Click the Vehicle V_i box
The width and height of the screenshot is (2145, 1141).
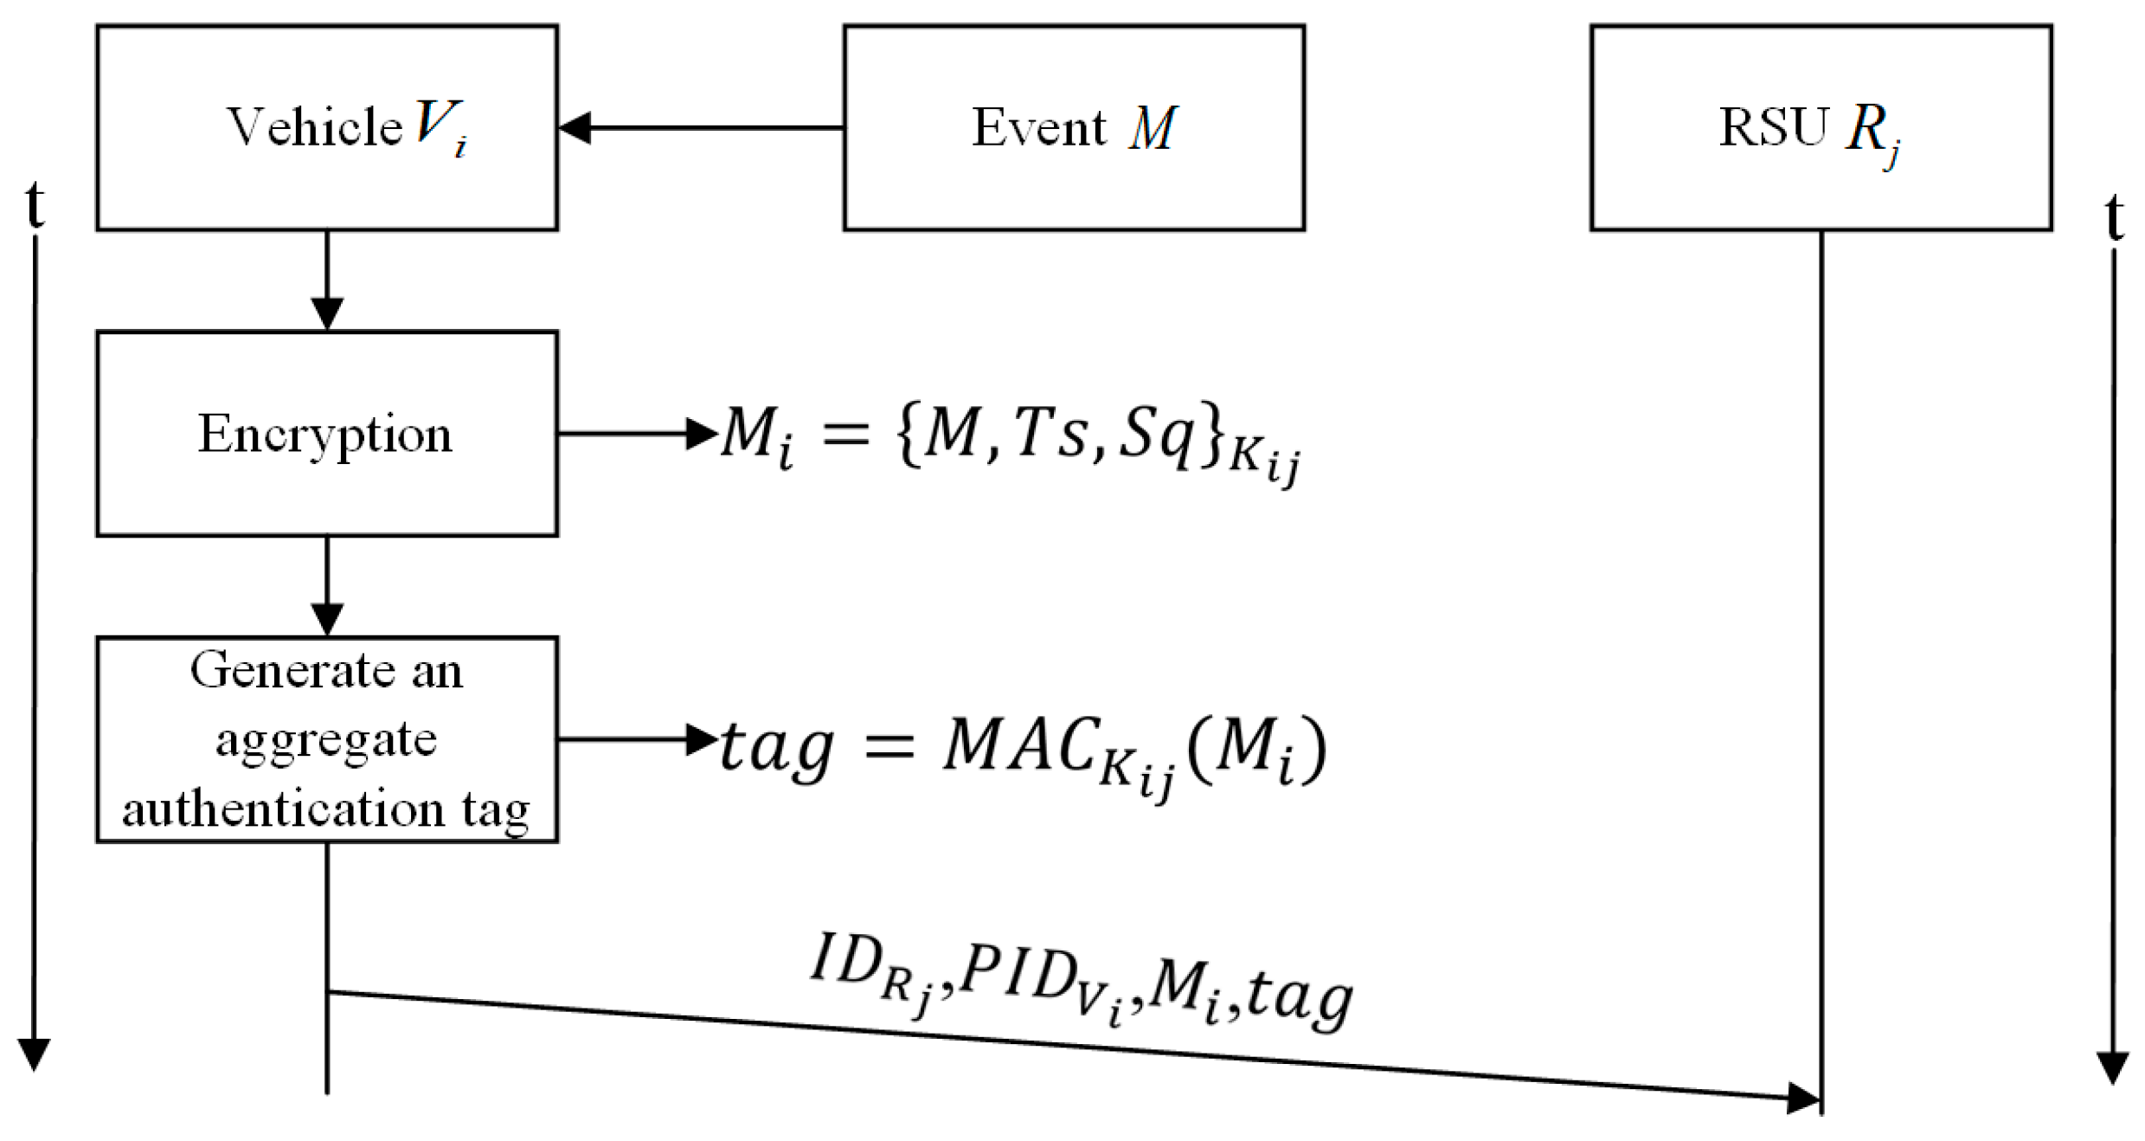pyautogui.click(x=327, y=127)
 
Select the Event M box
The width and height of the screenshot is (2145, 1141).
pyautogui.click(x=1073, y=127)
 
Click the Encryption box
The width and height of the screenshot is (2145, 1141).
pyautogui.click(x=327, y=433)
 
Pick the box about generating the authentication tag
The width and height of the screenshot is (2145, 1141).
pyautogui.click(x=327, y=738)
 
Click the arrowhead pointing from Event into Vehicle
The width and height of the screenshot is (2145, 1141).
pyautogui.click(x=575, y=127)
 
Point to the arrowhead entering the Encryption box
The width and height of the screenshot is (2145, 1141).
pyautogui.click(x=327, y=313)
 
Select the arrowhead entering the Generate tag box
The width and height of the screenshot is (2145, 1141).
pyautogui.click(x=327, y=619)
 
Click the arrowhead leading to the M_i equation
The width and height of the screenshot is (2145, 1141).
pyautogui.click(x=701, y=433)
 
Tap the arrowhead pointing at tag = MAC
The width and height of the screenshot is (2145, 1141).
pyautogui.click(x=701, y=738)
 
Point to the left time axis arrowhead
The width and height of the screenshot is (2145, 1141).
pyautogui.click(x=34, y=1054)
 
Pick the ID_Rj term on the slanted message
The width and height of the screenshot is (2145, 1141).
pyautogui.click(x=865, y=968)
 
